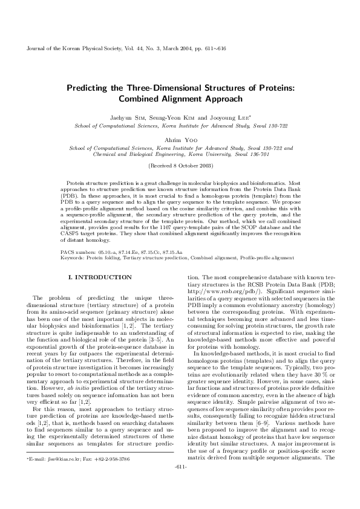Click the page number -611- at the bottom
click(x=180, y=484)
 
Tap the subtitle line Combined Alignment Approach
click(x=180, y=99)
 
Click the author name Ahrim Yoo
click(x=180, y=139)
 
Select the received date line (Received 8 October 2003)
click(x=180, y=164)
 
